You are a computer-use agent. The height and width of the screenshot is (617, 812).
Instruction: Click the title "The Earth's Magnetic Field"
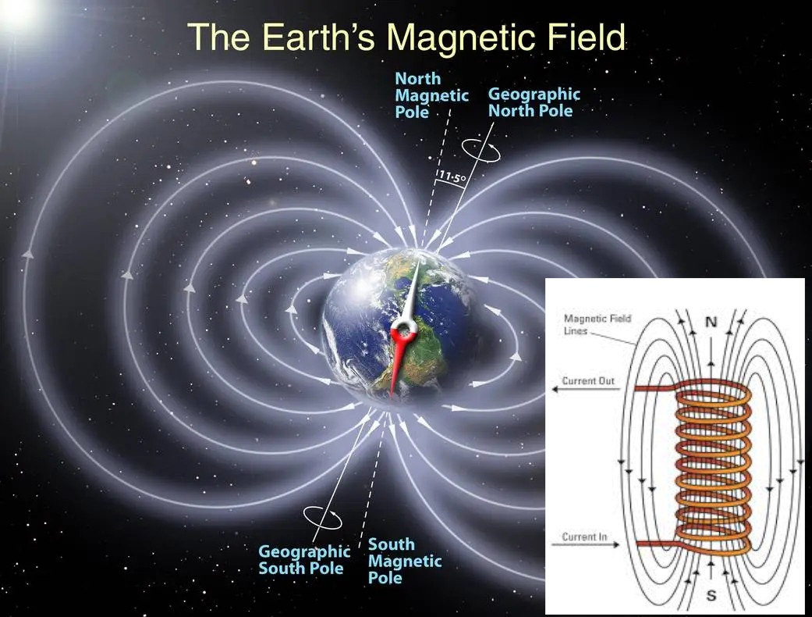[406, 37]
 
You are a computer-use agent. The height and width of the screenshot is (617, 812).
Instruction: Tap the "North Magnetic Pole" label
[431, 95]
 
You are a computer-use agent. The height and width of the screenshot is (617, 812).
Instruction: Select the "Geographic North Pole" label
[534, 102]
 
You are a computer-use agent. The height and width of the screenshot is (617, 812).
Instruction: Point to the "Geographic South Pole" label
[304, 559]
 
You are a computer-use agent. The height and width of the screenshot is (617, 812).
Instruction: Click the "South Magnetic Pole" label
[405, 561]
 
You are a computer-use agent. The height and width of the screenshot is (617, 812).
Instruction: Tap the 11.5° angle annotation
[452, 178]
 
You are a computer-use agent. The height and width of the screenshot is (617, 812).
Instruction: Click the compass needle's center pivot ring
[403, 328]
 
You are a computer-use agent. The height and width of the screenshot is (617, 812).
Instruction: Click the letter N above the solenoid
[711, 322]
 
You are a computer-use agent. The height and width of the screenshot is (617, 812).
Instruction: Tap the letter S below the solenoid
[711, 594]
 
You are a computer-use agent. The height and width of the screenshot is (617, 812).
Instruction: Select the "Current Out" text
[588, 380]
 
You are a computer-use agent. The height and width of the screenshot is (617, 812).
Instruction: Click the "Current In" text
[584, 537]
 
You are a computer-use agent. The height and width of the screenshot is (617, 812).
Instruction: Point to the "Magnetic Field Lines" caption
[597, 325]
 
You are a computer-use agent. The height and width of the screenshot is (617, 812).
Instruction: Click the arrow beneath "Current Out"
[586, 389]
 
